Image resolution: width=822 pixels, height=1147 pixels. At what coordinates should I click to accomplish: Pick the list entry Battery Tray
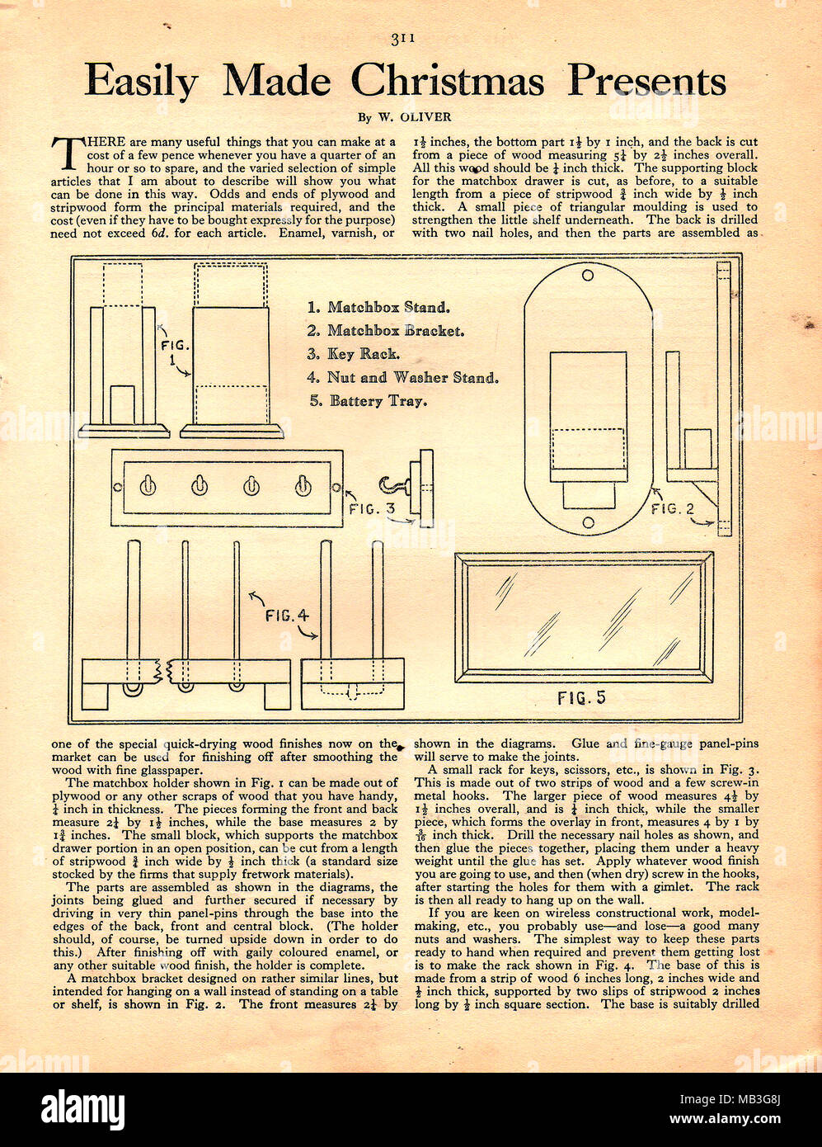click(369, 400)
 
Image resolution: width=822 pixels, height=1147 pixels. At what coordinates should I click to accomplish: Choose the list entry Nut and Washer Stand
click(403, 377)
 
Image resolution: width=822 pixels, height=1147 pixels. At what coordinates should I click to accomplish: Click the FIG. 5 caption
click(581, 698)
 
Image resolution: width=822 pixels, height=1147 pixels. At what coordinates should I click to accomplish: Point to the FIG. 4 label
click(286, 616)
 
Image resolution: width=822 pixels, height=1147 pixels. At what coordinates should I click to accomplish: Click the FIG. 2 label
click(673, 509)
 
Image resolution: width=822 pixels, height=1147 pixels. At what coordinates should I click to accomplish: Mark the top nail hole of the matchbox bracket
click(588, 276)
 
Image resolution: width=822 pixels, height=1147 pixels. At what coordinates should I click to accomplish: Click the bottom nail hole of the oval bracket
click(588, 522)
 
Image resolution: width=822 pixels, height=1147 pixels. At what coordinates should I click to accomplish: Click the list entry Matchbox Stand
click(378, 307)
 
